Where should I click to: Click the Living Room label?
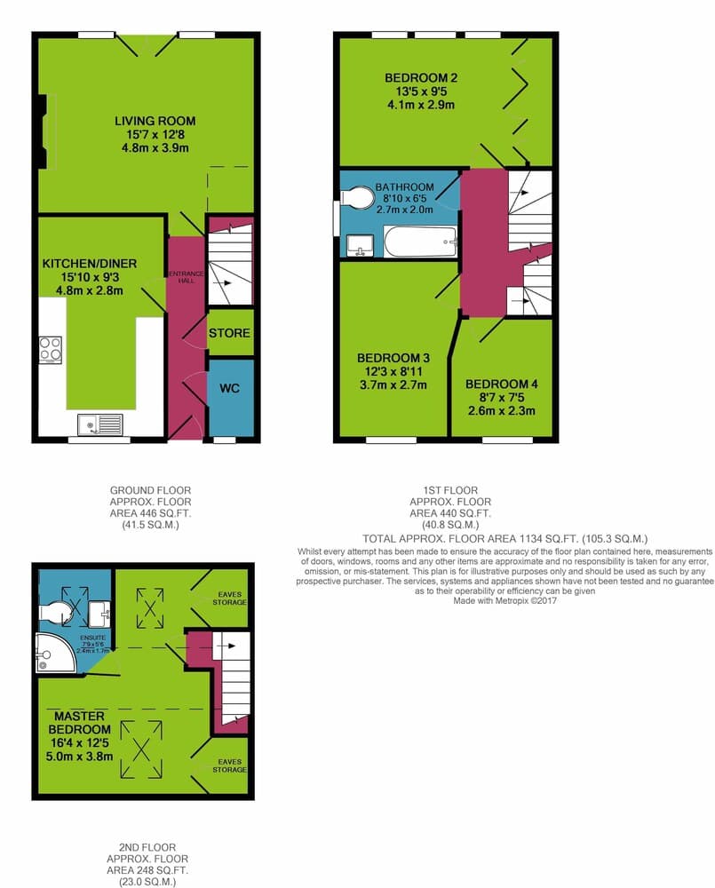155,121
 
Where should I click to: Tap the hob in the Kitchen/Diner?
50,349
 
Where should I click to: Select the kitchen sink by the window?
100,425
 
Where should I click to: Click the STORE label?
229,333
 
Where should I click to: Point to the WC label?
229,389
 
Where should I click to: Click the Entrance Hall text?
187,276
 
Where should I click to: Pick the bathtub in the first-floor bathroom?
420,242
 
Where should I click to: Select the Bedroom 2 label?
421,77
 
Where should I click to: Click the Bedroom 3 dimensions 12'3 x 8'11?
393,371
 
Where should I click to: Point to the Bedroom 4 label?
502,384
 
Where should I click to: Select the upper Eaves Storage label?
229,598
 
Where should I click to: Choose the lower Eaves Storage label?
229,765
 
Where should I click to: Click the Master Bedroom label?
79,723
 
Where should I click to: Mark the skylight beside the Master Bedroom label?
141,749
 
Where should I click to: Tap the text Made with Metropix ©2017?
504,601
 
